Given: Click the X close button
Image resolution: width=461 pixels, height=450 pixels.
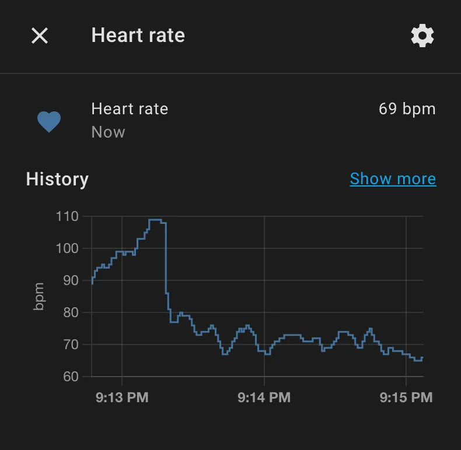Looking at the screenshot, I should pyautogui.click(x=40, y=36).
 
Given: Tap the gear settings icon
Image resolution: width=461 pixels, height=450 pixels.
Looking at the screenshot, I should pyautogui.click(x=422, y=36).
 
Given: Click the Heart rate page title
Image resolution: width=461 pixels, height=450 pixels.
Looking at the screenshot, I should pyautogui.click(x=138, y=36).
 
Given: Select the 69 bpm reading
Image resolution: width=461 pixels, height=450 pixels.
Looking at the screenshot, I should pyautogui.click(x=407, y=109).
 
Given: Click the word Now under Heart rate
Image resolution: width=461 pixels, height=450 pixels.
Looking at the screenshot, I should pyautogui.click(x=108, y=132).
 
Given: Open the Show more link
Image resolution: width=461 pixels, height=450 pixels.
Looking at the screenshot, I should pyautogui.click(x=393, y=178).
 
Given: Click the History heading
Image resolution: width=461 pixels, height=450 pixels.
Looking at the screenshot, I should pyautogui.click(x=57, y=179).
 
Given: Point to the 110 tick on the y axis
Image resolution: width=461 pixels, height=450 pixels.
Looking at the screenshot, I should pyautogui.click(x=67, y=216).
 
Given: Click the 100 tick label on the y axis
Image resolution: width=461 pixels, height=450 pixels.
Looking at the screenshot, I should pyautogui.click(x=67, y=248).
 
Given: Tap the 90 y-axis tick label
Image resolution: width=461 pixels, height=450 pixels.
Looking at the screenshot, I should pyautogui.click(x=70, y=280).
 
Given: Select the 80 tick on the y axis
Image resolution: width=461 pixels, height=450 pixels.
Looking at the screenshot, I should pyautogui.click(x=70, y=312).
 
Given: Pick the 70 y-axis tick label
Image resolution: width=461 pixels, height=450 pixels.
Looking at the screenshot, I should pyautogui.click(x=70, y=344).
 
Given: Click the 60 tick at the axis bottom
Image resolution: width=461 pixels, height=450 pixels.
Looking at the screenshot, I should pyautogui.click(x=70, y=377).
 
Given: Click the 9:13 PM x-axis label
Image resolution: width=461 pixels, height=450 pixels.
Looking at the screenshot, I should pyautogui.click(x=122, y=398).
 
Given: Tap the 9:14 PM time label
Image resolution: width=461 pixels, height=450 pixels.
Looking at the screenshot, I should pyautogui.click(x=264, y=398).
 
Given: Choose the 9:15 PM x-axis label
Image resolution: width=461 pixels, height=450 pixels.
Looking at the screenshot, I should pyautogui.click(x=406, y=398).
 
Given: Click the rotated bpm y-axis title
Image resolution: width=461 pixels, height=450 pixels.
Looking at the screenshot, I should pyautogui.click(x=39, y=296).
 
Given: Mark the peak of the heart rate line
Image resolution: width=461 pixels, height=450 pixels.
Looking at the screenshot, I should pyautogui.click(x=155, y=220).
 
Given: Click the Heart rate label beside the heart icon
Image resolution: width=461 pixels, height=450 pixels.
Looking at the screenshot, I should pyautogui.click(x=130, y=109).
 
